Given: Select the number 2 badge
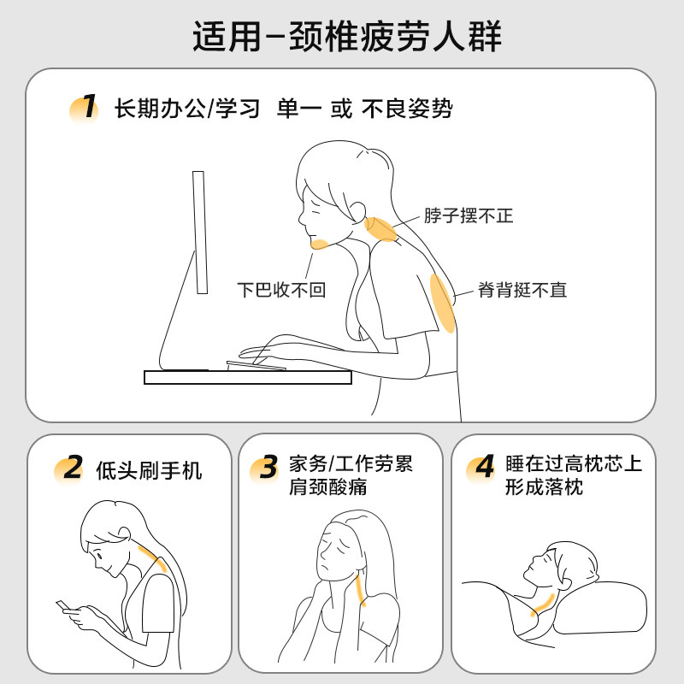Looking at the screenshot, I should click(71, 469).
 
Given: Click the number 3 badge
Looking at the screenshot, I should click(267, 469).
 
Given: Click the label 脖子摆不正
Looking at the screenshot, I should click(469, 215).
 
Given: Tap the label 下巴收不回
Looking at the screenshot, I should click(281, 290).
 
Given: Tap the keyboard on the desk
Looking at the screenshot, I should click(256, 365).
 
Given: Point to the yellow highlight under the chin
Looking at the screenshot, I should click(321, 245).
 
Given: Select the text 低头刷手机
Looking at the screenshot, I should click(150, 469).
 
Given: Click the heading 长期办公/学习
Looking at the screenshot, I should click(187, 109).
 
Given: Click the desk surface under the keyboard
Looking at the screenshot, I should click(248, 377).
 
